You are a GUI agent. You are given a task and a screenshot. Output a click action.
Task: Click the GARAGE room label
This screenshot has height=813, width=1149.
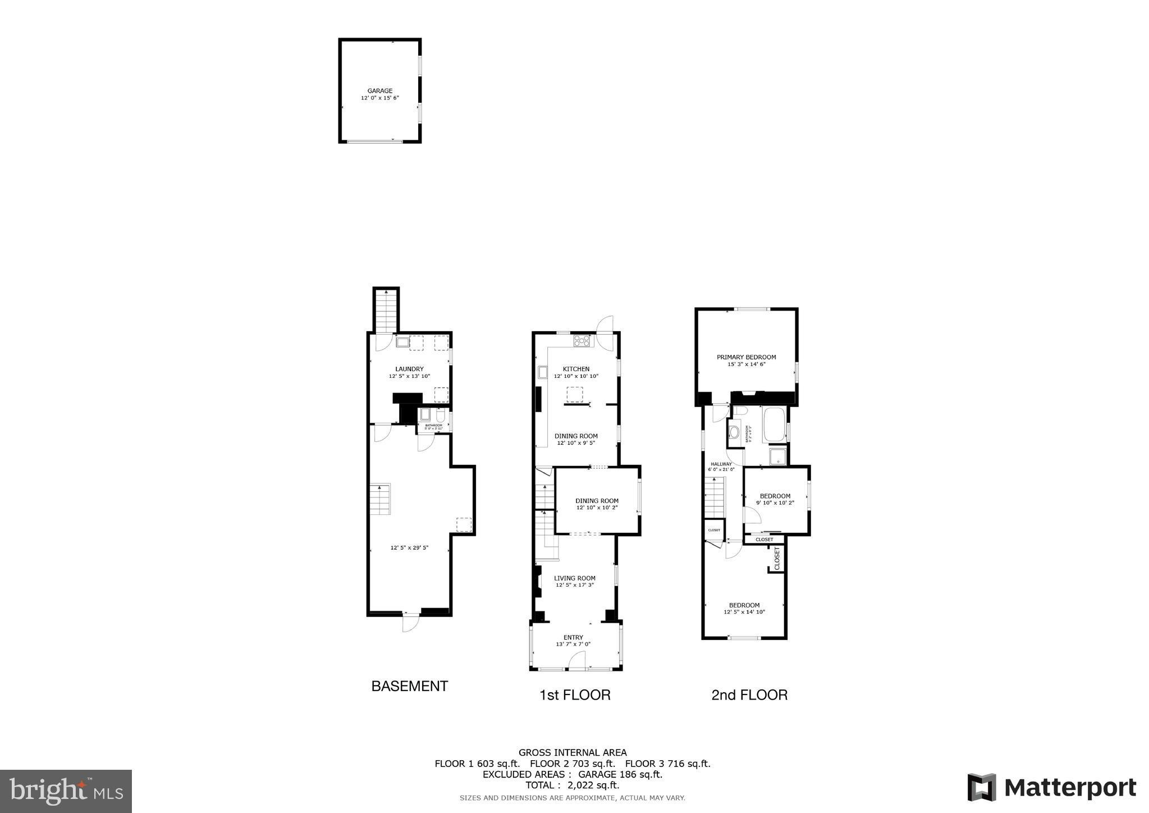[379, 90]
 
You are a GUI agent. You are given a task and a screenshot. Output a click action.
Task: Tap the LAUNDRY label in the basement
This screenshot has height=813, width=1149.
[409, 369]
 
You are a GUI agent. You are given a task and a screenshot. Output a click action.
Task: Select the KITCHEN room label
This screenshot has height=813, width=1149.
[576, 369]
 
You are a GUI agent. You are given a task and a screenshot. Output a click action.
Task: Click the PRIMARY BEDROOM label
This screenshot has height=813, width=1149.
[746, 357]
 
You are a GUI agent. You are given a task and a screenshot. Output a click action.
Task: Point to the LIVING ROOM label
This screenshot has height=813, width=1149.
[574, 578]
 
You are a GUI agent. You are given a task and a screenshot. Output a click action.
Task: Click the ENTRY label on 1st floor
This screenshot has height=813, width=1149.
[573, 637]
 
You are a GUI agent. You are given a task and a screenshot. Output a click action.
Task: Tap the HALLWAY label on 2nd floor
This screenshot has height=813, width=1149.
[721, 464]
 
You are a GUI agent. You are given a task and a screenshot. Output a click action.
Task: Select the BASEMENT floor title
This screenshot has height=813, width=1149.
[409, 686]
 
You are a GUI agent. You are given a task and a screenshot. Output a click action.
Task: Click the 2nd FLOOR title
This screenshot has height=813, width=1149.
[749, 695]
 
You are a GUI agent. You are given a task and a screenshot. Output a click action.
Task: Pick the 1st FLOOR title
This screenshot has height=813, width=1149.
[574, 695]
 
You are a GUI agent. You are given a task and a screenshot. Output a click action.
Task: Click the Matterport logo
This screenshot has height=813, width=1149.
[1051, 787]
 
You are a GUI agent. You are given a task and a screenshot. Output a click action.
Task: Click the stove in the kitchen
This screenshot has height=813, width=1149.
[582, 340]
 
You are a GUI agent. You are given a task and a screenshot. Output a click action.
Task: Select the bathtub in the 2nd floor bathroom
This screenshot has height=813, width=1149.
[775, 425]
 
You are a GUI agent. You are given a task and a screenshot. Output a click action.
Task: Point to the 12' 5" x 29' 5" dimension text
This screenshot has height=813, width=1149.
[409, 547]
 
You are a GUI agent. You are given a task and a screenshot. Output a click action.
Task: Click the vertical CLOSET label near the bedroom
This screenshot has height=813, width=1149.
[777, 558]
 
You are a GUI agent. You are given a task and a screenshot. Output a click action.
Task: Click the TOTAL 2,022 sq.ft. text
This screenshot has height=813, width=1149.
[572, 785]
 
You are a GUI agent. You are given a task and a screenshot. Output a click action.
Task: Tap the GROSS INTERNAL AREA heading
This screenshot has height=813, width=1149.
[572, 752]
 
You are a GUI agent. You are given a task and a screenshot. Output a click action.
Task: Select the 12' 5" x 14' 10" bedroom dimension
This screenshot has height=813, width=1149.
[744, 612]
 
